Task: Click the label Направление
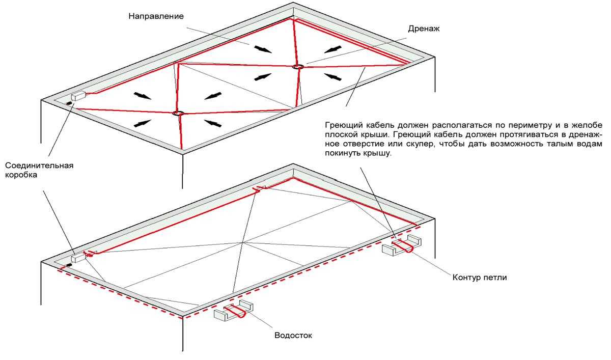pyautogui.click(x=156, y=16)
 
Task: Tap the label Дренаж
pyautogui.click(x=424, y=29)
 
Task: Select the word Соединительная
pyautogui.click(x=39, y=165)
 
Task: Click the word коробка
pyautogui.click(x=21, y=175)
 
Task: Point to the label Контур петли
pyautogui.click(x=480, y=278)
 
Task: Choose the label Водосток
pyautogui.click(x=293, y=335)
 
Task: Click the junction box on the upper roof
pyautogui.click(x=78, y=96)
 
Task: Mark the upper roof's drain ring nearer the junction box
pyautogui.click(x=178, y=113)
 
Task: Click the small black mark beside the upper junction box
pyautogui.click(x=68, y=104)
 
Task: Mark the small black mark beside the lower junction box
pyautogui.click(x=69, y=265)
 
